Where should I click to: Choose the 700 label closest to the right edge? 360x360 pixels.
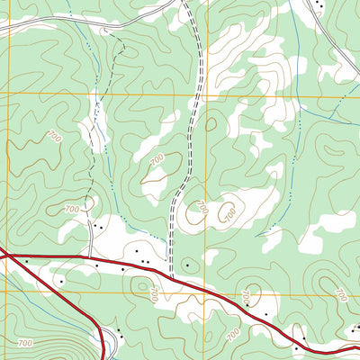(339, 294)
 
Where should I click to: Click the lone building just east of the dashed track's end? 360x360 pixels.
(186, 265)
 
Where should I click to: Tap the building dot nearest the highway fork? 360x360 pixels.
(26, 262)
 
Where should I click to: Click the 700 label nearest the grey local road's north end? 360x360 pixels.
(73, 209)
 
